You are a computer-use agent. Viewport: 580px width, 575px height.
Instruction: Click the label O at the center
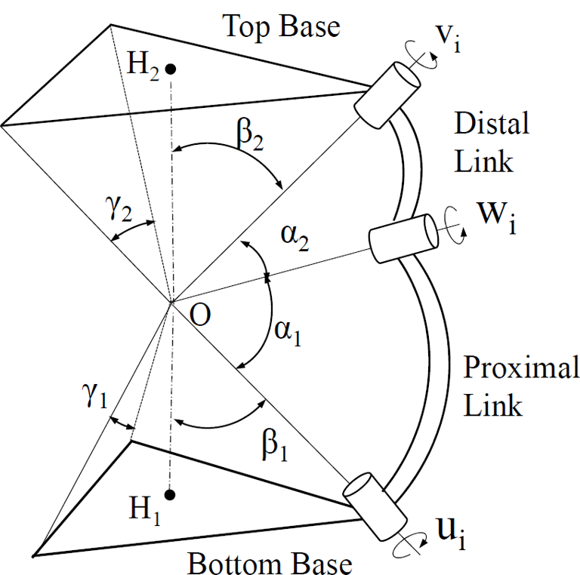(x=199, y=315)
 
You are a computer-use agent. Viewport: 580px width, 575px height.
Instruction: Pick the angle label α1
(x=288, y=333)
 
